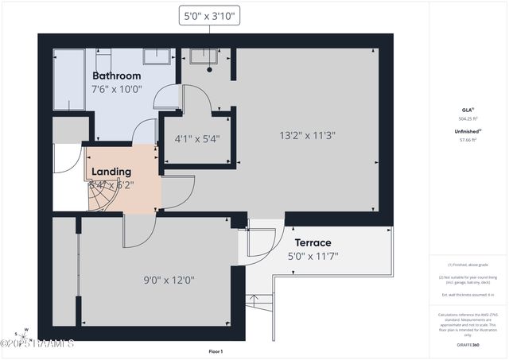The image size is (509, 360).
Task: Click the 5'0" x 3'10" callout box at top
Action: pyautogui.click(x=210, y=15)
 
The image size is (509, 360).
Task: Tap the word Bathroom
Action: pyautogui.click(x=122, y=76)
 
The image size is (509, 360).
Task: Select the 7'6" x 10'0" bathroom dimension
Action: pyautogui.click(x=119, y=90)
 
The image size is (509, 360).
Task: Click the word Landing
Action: pyautogui.click(x=111, y=172)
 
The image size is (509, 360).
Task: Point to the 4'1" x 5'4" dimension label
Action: pyautogui.click(x=196, y=138)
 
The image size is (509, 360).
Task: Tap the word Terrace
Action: pyautogui.click(x=313, y=242)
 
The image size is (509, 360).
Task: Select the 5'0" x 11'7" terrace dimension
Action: pyautogui.click(x=313, y=256)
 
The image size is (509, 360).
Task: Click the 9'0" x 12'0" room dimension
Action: pyautogui.click(x=169, y=279)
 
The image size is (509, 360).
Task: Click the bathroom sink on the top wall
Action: pyautogui.click(x=156, y=56)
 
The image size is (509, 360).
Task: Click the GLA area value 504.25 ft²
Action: pyautogui.click(x=468, y=118)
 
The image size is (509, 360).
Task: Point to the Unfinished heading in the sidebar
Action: pyautogui.click(x=467, y=132)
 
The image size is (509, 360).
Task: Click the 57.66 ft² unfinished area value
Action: pyautogui.click(x=468, y=140)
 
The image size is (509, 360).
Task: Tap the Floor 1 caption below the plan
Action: pyautogui.click(x=216, y=351)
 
